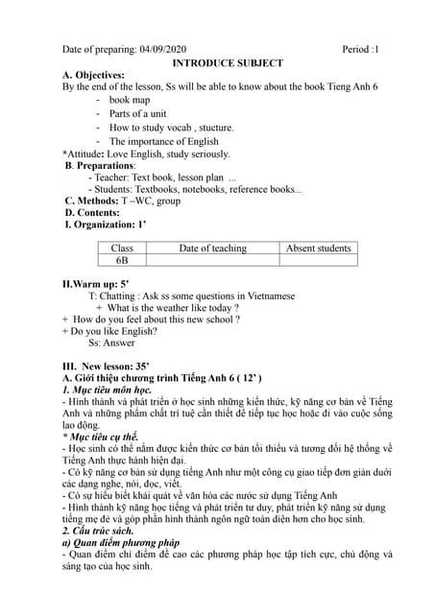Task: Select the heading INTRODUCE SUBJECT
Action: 227,62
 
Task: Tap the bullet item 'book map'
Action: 130,100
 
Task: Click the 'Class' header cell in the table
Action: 122,248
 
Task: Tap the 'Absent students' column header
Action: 319,248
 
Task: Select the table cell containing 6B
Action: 122,261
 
